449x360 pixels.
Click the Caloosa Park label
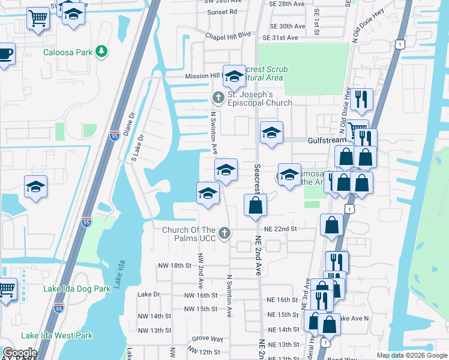(68, 52)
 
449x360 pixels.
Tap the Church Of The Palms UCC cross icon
(224, 233)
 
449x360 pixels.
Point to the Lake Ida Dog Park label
(77, 289)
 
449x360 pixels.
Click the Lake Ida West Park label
(57, 335)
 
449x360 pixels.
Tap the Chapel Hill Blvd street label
(228, 35)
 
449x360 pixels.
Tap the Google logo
(20, 353)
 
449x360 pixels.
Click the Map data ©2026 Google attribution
(411, 355)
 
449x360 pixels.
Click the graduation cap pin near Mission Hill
(234, 76)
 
